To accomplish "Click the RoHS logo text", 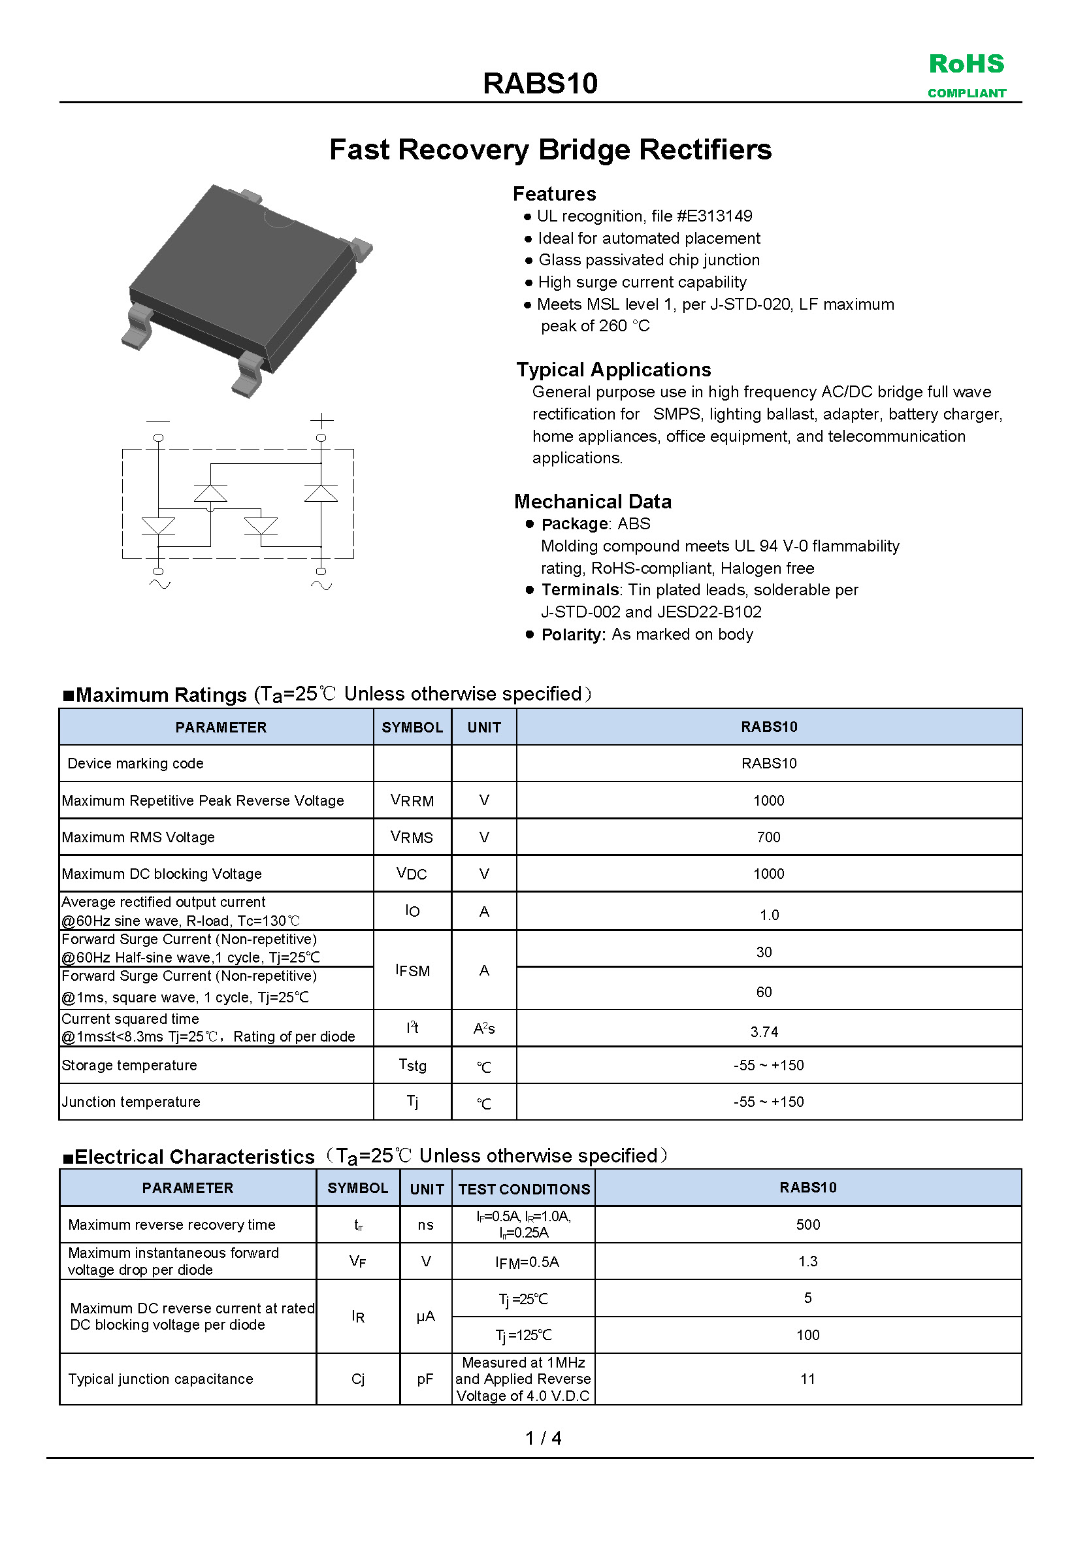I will [x=966, y=65].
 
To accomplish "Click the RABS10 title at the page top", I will [x=540, y=84].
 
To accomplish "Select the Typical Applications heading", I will [x=613, y=369].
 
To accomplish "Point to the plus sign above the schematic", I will [x=322, y=421].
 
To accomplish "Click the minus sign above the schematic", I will [x=158, y=421].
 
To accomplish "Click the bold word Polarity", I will [x=574, y=634].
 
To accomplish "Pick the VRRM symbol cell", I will [x=412, y=800].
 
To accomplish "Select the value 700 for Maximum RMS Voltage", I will [x=768, y=837].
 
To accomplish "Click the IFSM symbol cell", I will [x=412, y=970].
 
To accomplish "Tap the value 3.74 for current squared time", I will [x=764, y=1032].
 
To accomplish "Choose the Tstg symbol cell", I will [x=412, y=1065].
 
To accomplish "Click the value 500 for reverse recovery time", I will [x=807, y=1224].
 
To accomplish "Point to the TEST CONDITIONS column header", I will [x=524, y=1189].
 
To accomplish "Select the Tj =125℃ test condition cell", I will [x=523, y=1335].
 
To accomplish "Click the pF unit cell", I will [x=425, y=1379].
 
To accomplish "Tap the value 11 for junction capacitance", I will [x=807, y=1379].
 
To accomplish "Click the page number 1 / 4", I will [x=543, y=1437].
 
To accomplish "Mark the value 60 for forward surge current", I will [x=764, y=992].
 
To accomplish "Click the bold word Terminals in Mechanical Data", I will [x=579, y=590].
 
